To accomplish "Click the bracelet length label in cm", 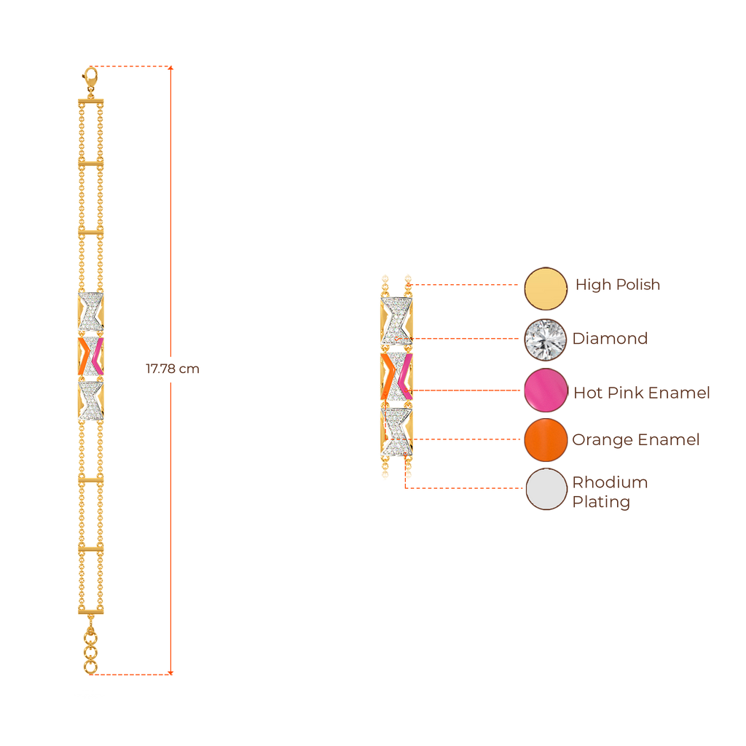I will tap(172, 369).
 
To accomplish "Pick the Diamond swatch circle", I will tap(546, 339).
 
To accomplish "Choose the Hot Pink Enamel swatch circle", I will tap(546, 391).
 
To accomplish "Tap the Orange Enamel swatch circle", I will tap(546, 440).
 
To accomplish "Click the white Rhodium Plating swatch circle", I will tap(546, 490).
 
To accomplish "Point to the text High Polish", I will tap(617, 285).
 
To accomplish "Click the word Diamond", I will tap(610, 339).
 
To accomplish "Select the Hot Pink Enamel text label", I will tap(640, 393).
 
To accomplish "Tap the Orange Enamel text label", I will tap(635, 440).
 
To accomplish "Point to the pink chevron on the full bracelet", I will tap(95, 355).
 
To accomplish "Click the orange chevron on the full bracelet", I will tap(85, 355).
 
